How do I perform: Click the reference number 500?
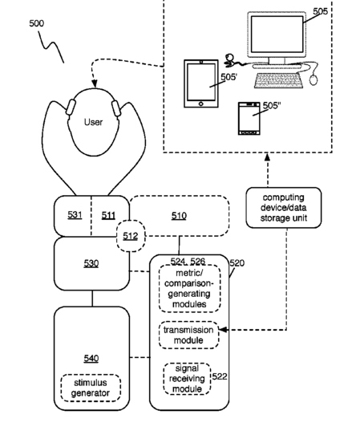(37, 23)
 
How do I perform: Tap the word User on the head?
(93, 122)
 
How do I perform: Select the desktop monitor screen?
(277, 34)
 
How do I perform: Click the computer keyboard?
(278, 80)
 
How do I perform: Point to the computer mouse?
(313, 80)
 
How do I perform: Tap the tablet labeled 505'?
(201, 83)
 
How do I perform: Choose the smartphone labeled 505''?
(249, 119)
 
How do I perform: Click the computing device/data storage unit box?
(284, 208)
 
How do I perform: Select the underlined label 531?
(75, 215)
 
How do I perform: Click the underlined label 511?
(108, 215)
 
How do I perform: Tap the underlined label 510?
(179, 216)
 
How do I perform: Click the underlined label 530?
(91, 263)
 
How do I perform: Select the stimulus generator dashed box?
(91, 388)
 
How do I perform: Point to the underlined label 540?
(91, 359)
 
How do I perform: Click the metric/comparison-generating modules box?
(189, 288)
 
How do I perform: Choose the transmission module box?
(188, 335)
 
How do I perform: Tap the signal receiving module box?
(187, 379)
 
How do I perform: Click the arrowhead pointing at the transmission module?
(223, 330)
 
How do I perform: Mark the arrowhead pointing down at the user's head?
(95, 83)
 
